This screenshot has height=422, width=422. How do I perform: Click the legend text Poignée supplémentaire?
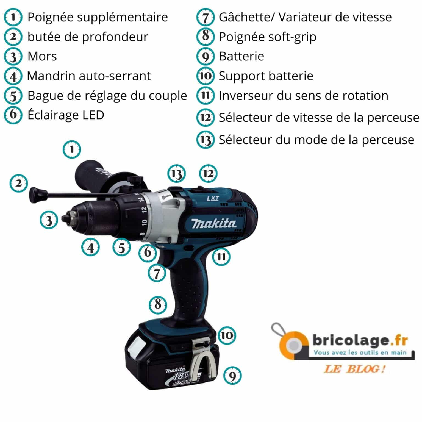point(98,17)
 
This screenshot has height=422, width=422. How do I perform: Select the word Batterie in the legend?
point(241,56)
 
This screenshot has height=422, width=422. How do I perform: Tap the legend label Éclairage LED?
point(66,115)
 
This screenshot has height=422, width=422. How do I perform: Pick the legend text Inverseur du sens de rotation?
point(303,96)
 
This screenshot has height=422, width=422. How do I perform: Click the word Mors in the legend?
point(42,56)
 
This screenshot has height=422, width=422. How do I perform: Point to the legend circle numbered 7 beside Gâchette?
point(205,17)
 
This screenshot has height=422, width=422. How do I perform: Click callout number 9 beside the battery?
point(232,376)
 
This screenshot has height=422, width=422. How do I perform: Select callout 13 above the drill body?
point(176,174)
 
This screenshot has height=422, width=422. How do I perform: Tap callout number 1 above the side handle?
point(72,149)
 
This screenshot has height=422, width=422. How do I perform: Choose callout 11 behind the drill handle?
point(221,257)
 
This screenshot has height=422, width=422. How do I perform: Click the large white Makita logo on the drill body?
point(213,223)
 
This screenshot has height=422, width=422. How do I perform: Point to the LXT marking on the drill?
point(213,198)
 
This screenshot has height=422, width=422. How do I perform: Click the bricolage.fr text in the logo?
point(360,341)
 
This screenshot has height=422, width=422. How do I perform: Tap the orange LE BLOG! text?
point(354,369)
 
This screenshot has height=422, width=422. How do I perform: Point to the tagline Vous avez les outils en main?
point(360,352)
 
